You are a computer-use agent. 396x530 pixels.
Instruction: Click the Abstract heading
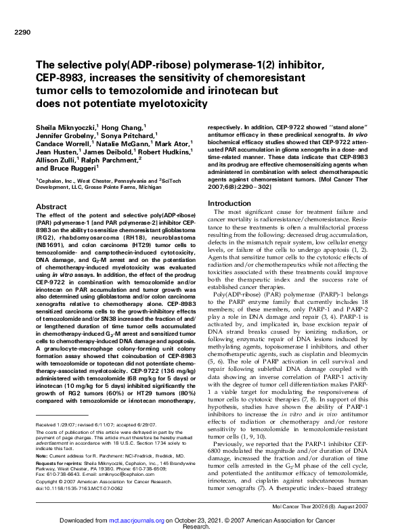(51, 206)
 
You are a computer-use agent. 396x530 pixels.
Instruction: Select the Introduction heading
(230, 203)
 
